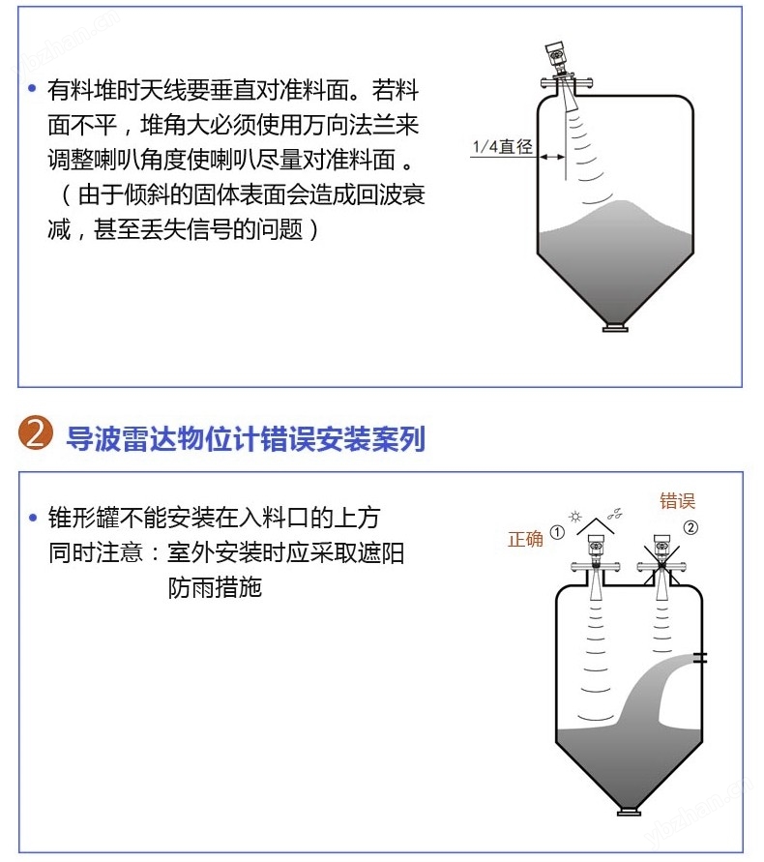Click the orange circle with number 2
pos(36,433)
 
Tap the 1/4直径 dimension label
pos(502,147)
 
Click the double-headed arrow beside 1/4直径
pos(552,158)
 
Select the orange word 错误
pos(677,501)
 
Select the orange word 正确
pos(525,539)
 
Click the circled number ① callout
pos(557,532)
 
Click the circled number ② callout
pos(691,528)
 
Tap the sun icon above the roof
pos(575,517)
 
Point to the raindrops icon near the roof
pos(615,514)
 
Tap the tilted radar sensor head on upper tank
pos(554,55)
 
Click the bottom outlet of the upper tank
pos(615,328)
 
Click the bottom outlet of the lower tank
pos(630,812)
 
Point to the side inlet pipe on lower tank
pos(699,657)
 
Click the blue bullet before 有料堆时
pos(32,88)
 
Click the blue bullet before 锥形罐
pos(33,518)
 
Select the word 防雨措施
pos(215,587)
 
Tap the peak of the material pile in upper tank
pos(623,202)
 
